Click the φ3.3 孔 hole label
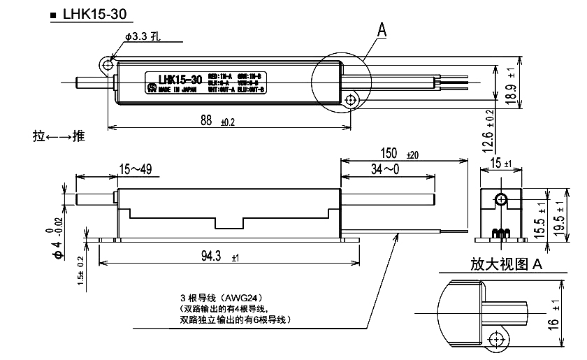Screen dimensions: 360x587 point(143,36)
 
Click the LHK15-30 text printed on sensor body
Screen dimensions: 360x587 point(180,79)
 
